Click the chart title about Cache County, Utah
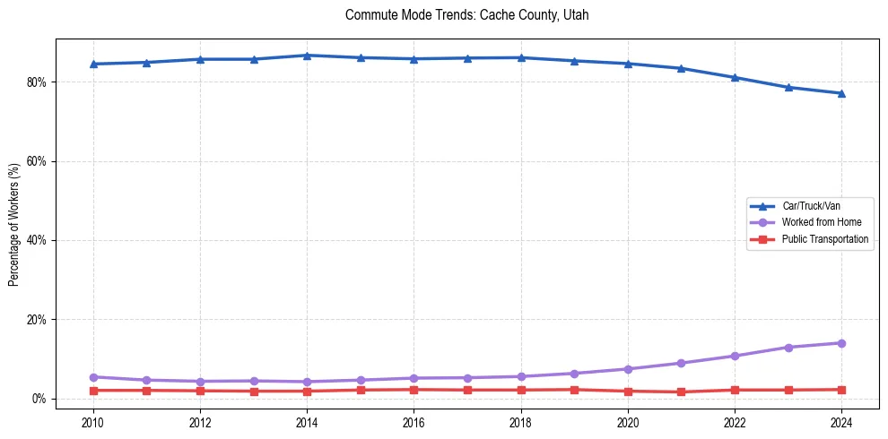pos(466,15)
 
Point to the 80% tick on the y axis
pos(38,82)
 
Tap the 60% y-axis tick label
pos(38,161)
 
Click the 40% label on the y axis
pos(38,240)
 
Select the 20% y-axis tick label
pos(38,320)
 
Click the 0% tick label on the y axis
pos(40,399)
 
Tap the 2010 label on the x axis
pos(93,422)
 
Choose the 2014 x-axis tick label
pos(307,422)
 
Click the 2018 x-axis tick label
pos(521,422)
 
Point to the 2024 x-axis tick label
pos(841,422)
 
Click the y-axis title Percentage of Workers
pos(14,224)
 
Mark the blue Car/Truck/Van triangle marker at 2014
pos(307,56)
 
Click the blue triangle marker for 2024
pos(841,93)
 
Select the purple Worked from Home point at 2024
pos(841,343)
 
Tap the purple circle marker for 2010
pos(93,377)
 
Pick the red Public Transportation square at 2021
pos(681,392)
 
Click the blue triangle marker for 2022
pos(735,77)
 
